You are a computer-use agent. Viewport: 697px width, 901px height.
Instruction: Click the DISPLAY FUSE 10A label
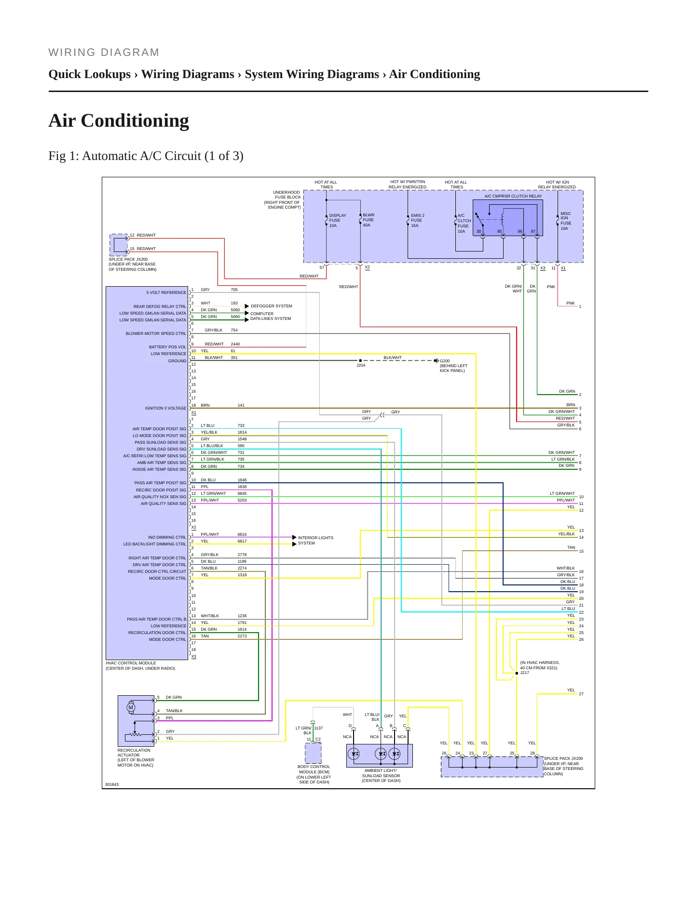(x=338, y=220)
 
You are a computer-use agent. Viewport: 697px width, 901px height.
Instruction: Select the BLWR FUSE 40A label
(x=369, y=220)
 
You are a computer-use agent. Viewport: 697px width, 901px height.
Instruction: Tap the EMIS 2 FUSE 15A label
(x=417, y=220)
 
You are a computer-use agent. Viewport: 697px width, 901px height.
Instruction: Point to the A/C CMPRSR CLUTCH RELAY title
(x=513, y=196)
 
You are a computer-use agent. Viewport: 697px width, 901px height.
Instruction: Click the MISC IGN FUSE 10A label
(x=566, y=221)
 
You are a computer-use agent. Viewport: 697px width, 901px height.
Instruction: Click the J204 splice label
(x=361, y=365)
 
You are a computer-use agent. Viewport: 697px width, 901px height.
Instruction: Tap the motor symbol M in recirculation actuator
(x=131, y=707)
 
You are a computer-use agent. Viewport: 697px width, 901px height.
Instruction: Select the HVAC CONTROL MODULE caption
(x=140, y=665)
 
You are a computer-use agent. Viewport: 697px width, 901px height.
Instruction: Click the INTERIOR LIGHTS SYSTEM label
(x=315, y=540)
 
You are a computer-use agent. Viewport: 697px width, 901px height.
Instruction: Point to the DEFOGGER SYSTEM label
(x=272, y=306)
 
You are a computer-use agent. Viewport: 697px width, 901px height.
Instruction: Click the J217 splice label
(x=524, y=673)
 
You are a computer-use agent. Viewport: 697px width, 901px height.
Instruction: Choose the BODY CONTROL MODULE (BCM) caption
(x=314, y=774)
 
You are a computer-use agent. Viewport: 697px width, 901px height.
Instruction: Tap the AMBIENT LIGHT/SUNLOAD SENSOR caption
(x=381, y=775)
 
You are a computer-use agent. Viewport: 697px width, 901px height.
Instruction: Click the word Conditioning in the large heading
(x=135, y=121)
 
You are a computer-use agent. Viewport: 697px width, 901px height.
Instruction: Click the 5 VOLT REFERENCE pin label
(x=166, y=292)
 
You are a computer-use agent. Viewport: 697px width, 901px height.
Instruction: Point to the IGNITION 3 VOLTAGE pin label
(x=165, y=408)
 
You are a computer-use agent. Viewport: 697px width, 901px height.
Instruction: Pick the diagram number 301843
(x=112, y=784)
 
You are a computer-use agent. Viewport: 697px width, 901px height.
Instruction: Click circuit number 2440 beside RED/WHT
(x=235, y=344)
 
